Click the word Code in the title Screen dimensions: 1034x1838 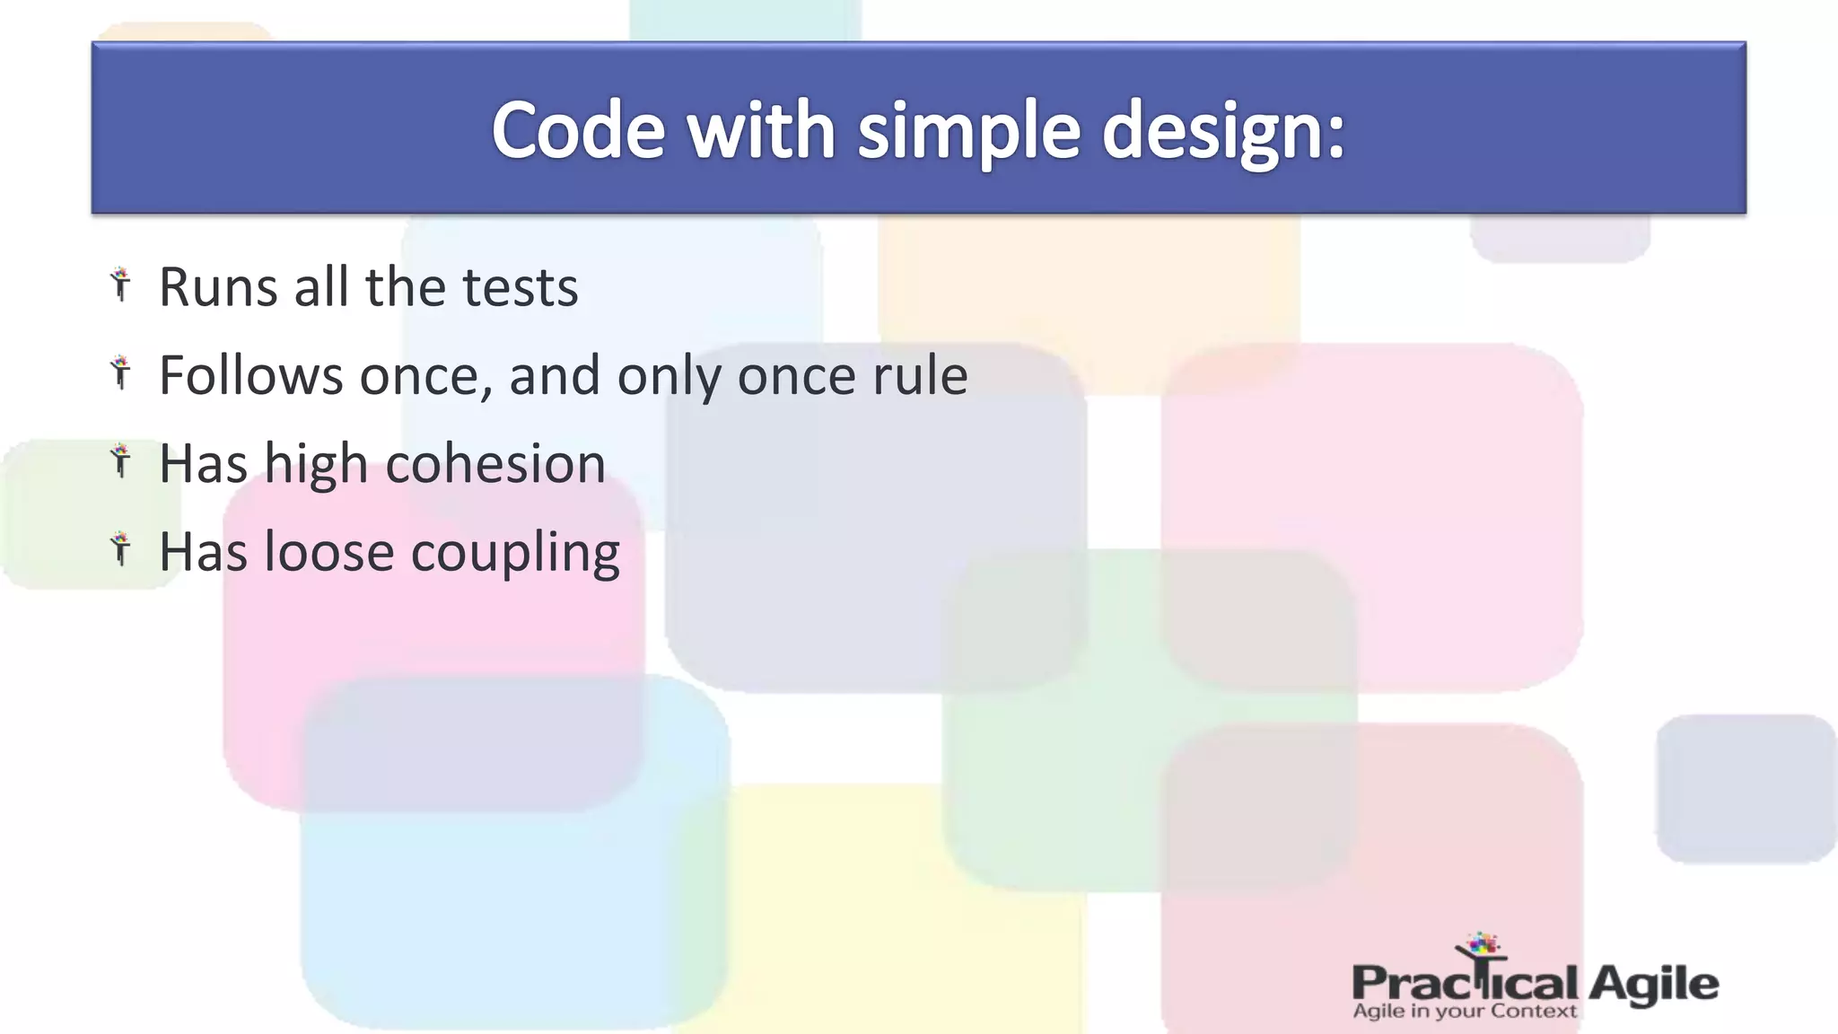coord(578,131)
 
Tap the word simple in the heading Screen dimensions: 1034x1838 coord(968,131)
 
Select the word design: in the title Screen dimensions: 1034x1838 coord(1222,131)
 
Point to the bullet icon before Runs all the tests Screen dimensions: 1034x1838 coord(120,285)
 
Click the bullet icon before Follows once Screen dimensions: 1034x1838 coord(120,372)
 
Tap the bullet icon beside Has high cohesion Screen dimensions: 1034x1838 coord(120,461)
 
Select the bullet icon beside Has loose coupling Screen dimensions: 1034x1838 coord(120,549)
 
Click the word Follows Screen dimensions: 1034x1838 coord(250,375)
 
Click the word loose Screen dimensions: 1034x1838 coord(328,552)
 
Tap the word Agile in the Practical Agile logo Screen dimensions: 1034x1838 coord(1653,984)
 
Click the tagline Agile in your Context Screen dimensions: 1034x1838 coord(1464,1012)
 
